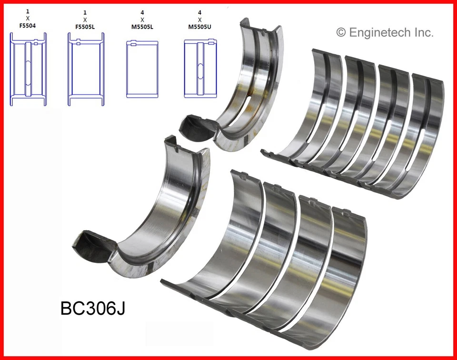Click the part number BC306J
point(93,308)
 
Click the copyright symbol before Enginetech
point(341,32)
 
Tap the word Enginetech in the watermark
point(380,33)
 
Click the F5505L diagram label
point(85,27)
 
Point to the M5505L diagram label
point(142,27)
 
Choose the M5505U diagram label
point(200,27)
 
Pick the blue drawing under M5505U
point(200,69)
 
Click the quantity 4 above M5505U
point(200,11)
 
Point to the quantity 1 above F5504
point(28,11)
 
